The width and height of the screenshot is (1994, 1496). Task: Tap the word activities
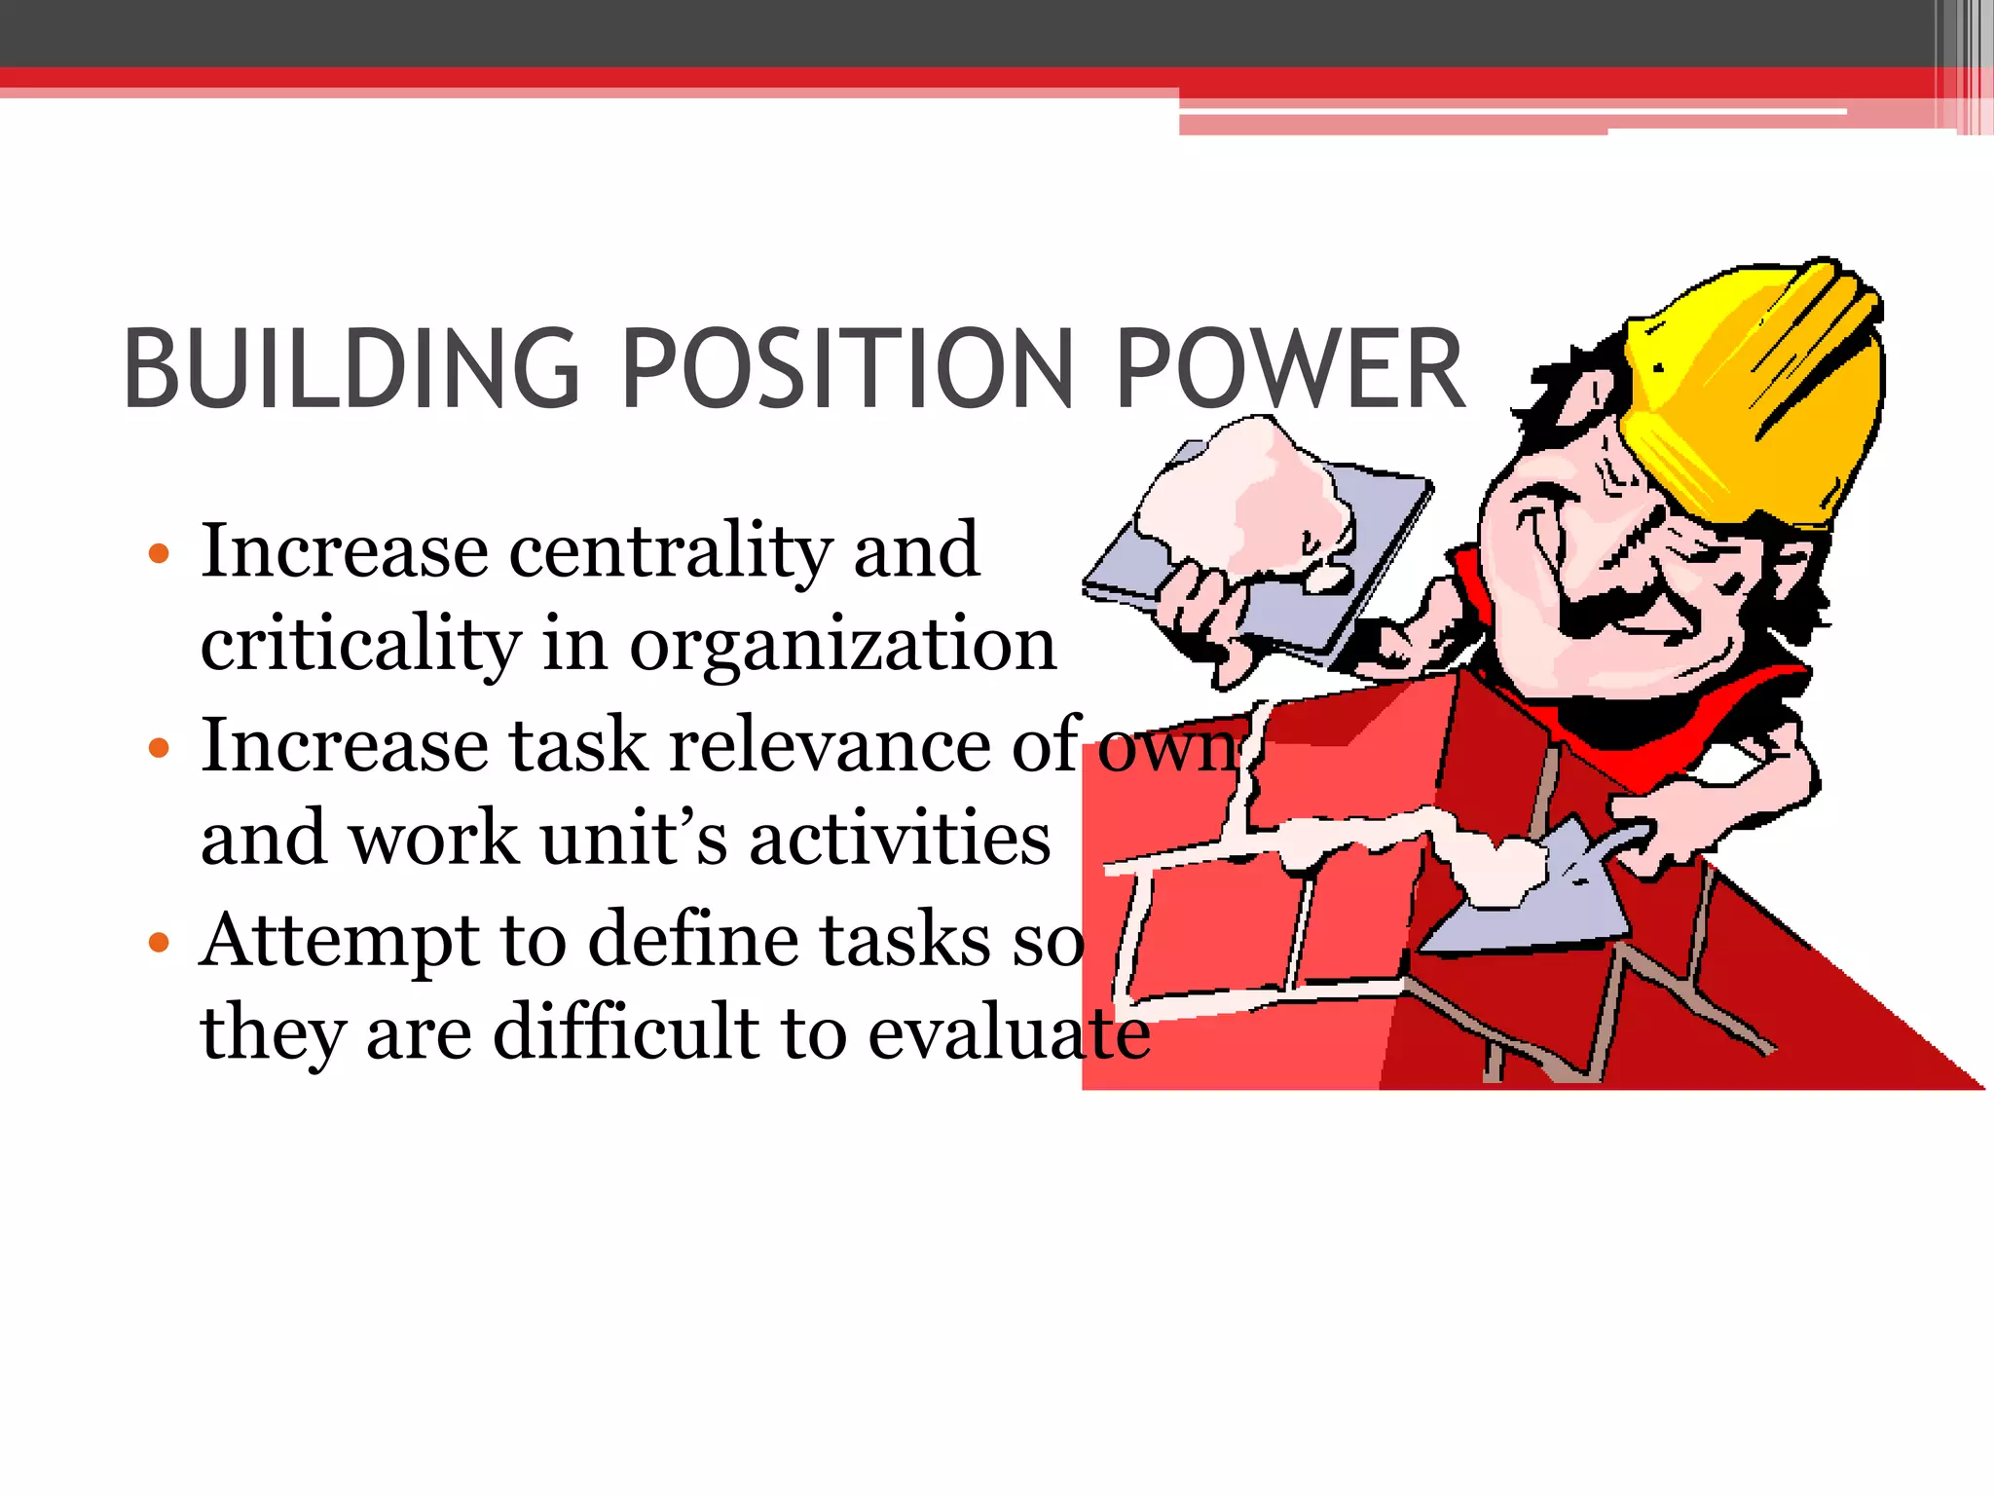coord(900,838)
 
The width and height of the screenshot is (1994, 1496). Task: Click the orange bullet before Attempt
coord(159,942)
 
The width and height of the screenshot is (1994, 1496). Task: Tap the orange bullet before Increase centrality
coord(159,554)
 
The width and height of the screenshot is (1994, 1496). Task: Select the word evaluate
coord(1009,1032)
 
